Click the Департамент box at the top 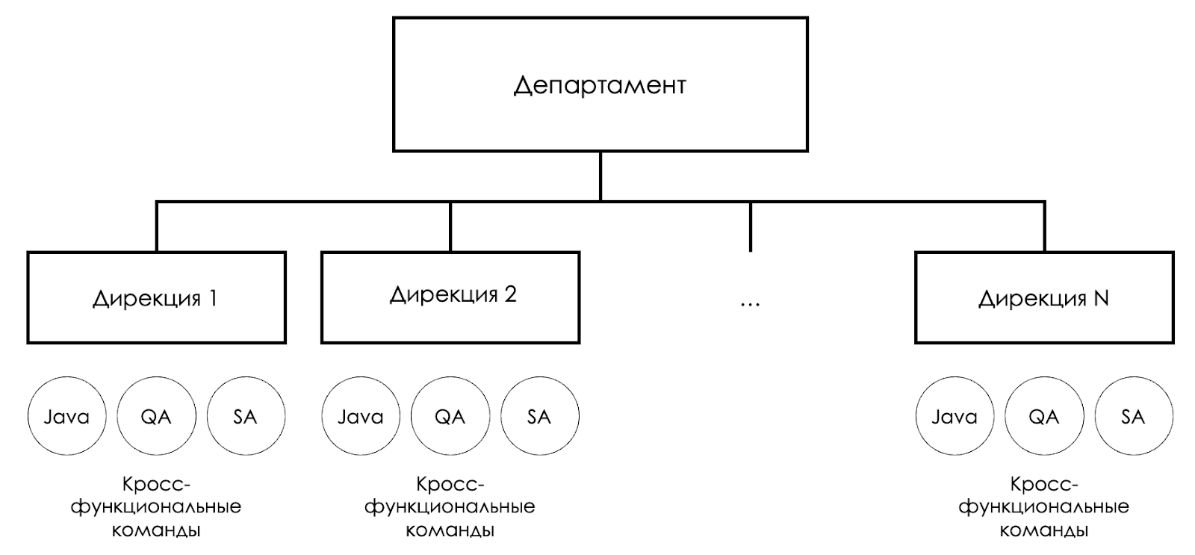point(600,84)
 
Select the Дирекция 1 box point(156,297)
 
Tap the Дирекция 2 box point(450,297)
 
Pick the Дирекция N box point(1044,297)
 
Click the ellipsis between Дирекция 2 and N point(750,303)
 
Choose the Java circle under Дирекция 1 point(66,416)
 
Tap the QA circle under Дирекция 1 point(156,416)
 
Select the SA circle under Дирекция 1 point(246,416)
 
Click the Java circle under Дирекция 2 point(361,416)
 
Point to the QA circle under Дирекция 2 point(450,416)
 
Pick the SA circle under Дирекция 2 point(539,416)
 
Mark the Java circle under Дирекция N point(955,416)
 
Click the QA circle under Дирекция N point(1044,416)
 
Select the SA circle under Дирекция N point(1134,416)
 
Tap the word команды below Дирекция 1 point(156,531)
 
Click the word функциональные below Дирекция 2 point(450,507)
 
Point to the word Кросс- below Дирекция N point(1044,484)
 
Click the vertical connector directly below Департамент point(600,176)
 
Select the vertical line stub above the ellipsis point(750,226)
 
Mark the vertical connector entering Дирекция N point(1044,226)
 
